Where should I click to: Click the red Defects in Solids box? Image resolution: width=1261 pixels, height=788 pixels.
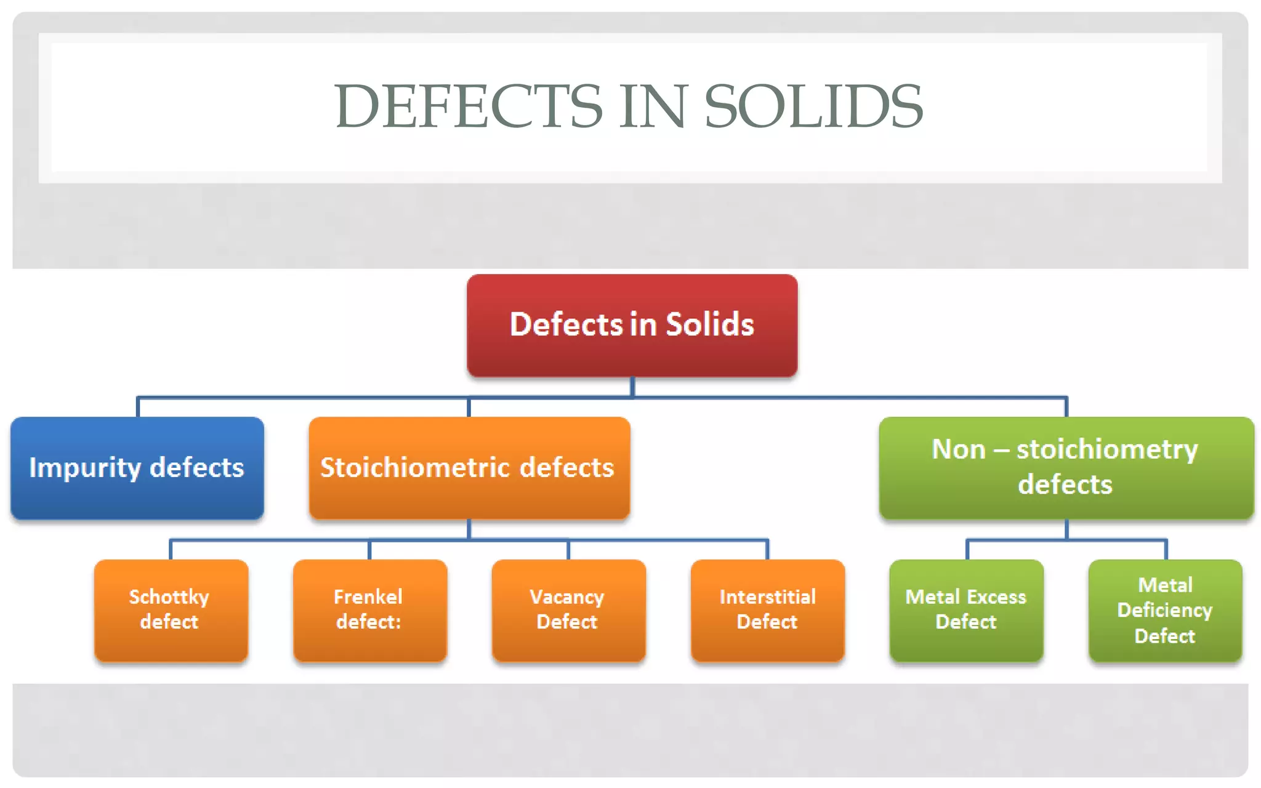[x=632, y=325]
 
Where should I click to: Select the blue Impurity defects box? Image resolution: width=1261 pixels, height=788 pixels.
[x=137, y=468]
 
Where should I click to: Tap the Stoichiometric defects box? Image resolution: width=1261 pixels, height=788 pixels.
[x=469, y=468]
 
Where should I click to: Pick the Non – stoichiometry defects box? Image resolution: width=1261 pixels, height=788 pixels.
[x=1066, y=468]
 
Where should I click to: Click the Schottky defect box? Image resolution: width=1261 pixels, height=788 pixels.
[x=171, y=610]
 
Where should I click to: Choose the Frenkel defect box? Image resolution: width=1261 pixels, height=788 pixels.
[x=370, y=610]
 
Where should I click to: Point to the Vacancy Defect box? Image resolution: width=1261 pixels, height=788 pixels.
[x=568, y=610]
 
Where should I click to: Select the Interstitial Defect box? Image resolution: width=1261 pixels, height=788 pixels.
[x=767, y=610]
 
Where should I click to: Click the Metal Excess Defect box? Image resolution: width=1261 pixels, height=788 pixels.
[x=966, y=610]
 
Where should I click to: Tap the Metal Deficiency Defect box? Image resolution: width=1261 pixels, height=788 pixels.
[x=1165, y=610]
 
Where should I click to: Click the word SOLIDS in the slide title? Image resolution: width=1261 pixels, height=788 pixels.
[x=813, y=107]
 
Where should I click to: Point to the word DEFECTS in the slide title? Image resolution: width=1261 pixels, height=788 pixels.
[x=468, y=107]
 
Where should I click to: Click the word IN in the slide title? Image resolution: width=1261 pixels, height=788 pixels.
[x=653, y=107]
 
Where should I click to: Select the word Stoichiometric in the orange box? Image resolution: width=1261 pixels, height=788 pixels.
[x=415, y=468]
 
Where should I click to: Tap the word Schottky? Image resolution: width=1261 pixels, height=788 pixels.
[x=169, y=597]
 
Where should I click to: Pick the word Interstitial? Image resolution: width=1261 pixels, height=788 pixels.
[x=767, y=597]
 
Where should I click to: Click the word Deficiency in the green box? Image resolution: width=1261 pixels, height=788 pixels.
[x=1164, y=610]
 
